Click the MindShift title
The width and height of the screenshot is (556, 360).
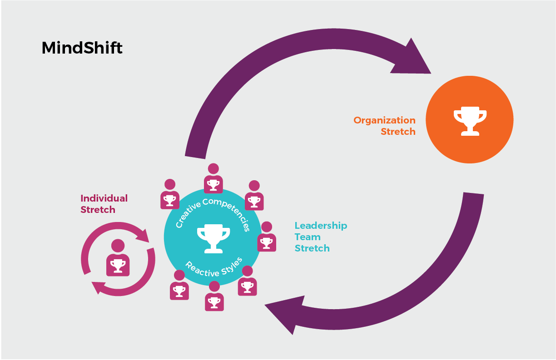point(82,48)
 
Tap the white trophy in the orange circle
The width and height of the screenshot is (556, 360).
point(470,121)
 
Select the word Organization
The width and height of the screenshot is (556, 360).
point(384,120)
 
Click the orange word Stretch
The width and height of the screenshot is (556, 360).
point(398,132)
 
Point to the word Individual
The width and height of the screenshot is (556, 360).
point(104,198)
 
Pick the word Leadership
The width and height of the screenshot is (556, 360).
point(321,226)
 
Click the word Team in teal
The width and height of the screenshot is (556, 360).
point(308,237)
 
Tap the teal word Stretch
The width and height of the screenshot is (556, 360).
point(312,248)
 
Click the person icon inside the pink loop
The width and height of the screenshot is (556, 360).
point(118,258)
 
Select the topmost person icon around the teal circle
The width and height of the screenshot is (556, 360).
point(213,178)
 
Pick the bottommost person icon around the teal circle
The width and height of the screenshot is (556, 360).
point(214,296)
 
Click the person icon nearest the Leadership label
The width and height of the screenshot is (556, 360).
point(267,237)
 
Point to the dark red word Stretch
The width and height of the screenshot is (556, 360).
point(98,210)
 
